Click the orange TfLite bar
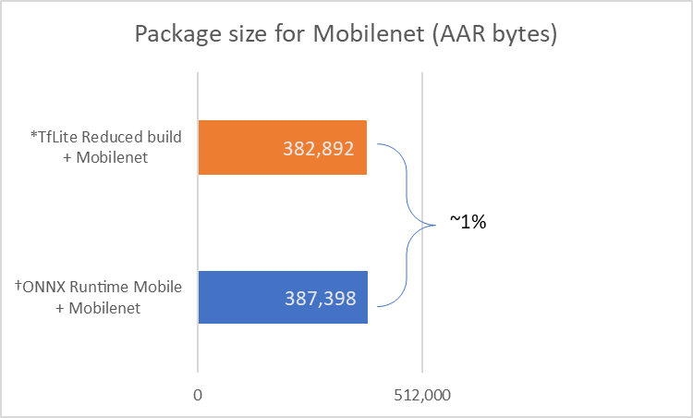click(x=282, y=147)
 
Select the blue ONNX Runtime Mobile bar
click(x=282, y=297)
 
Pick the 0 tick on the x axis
click(x=198, y=395)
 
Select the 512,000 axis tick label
click(x=422, y=395)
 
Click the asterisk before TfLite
click(x=33, y=135)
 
